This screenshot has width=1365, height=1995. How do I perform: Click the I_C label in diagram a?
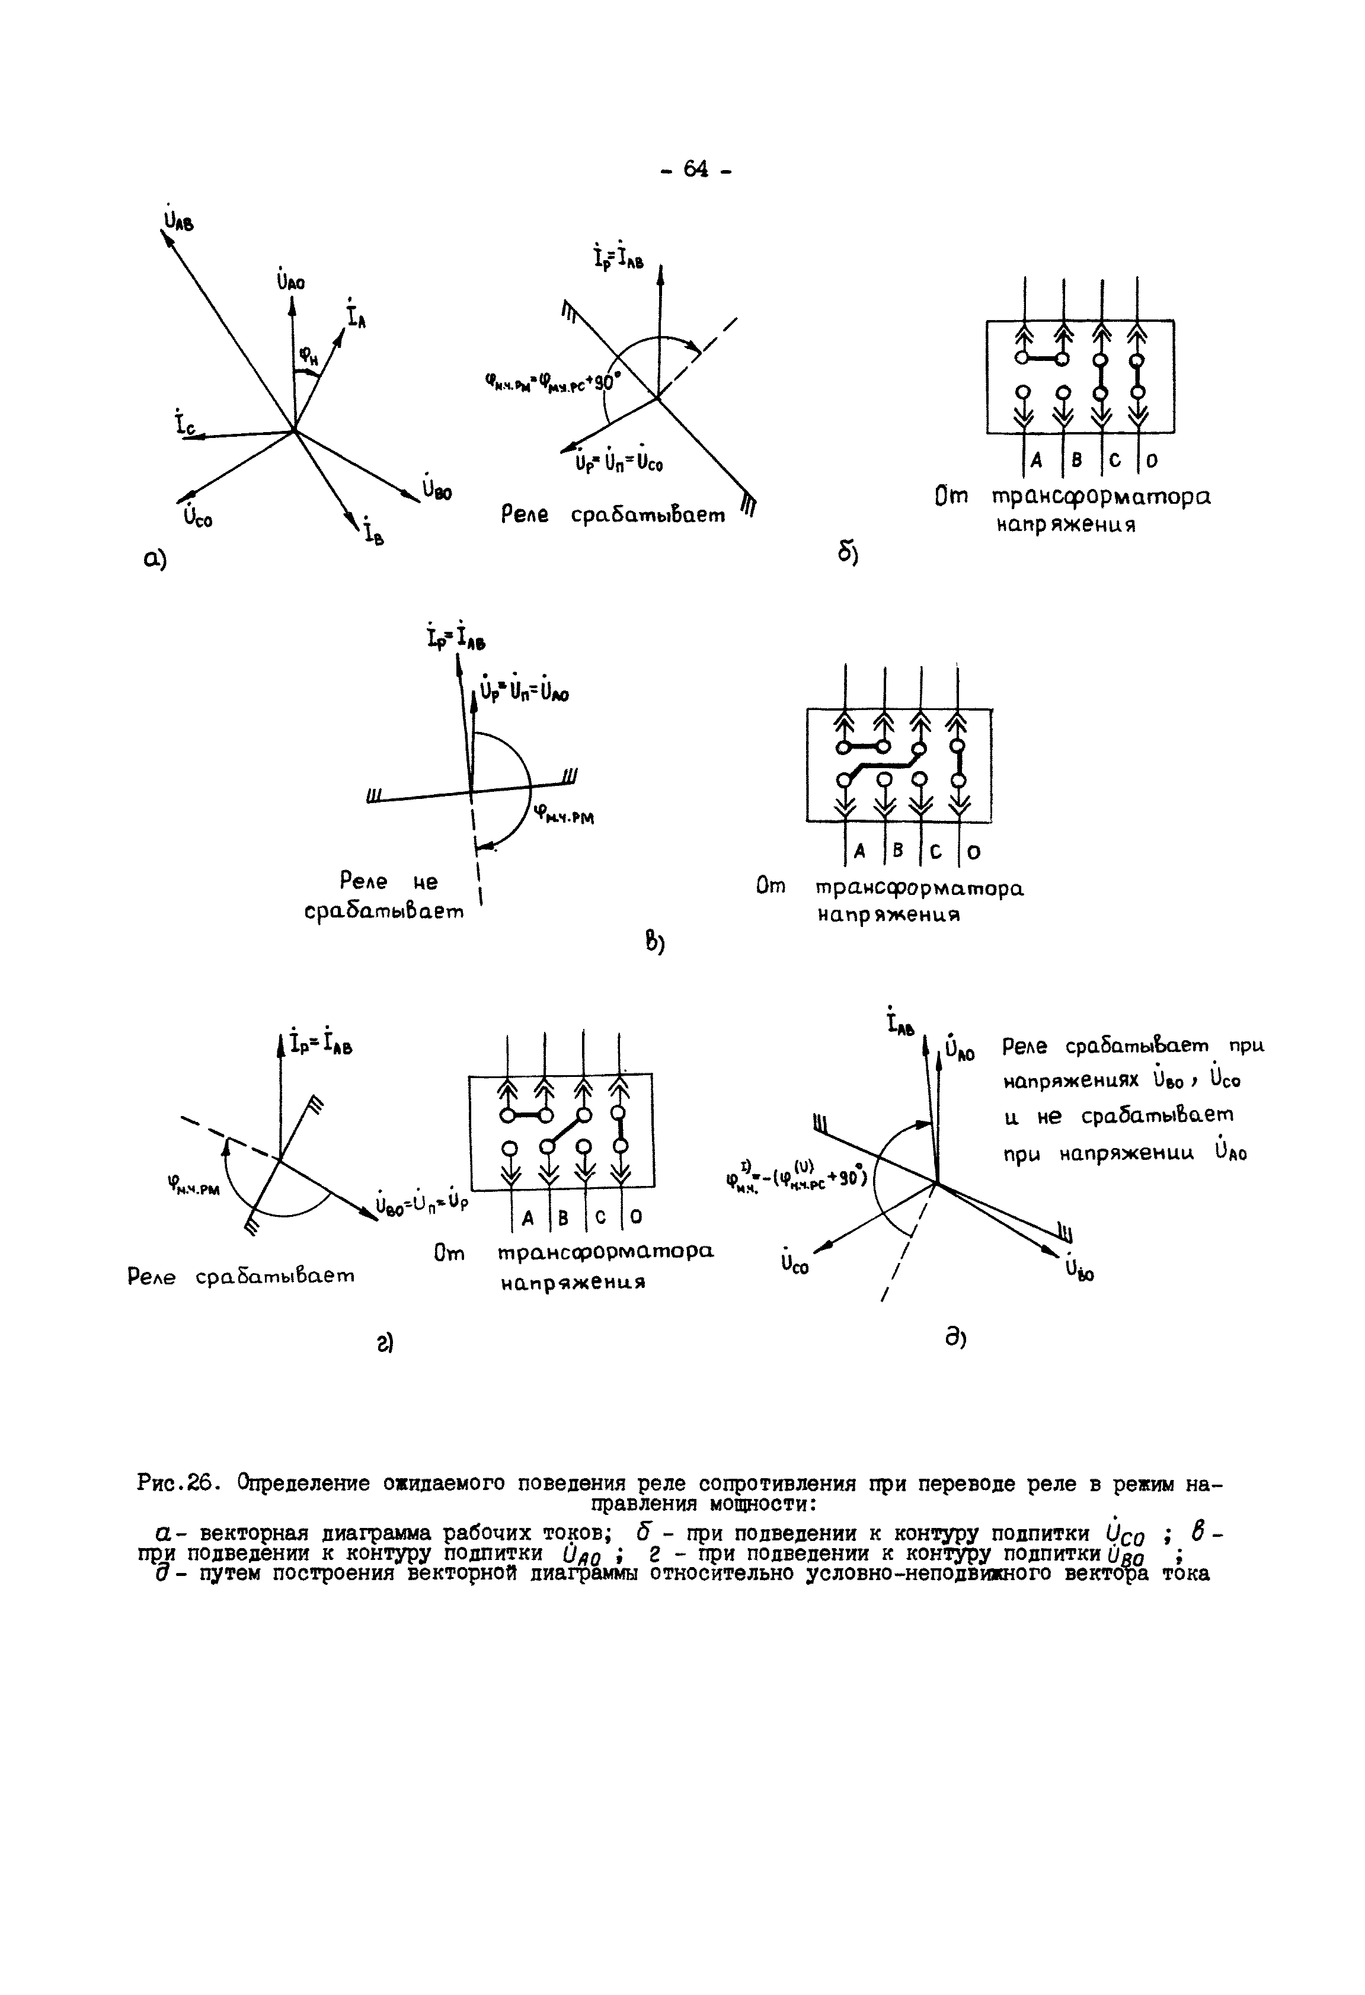184,423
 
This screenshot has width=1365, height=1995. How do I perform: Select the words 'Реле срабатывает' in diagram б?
613,516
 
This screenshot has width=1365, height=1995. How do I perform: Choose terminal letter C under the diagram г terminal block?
600,1217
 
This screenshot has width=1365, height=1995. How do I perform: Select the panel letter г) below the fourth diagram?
383,1342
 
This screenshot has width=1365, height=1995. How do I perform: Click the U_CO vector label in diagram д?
794,1264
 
